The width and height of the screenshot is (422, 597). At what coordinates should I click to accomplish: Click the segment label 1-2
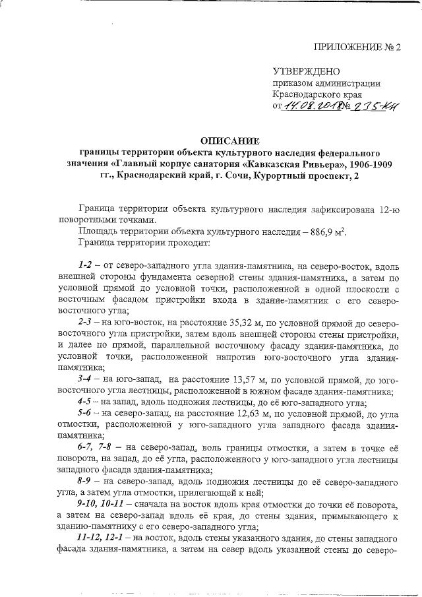[x=86, y=266]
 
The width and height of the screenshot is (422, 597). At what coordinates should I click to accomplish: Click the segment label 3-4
[x=86, y=379]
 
